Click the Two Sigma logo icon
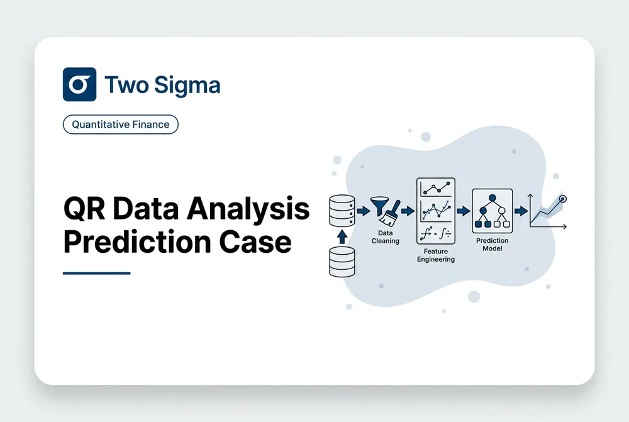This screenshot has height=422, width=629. click(x=79, y=84)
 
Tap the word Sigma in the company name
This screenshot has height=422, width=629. click(x=187, y=86)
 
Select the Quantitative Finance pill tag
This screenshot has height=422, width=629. click(x=120, y=125)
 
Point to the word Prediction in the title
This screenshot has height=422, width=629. click(x=136, y=242)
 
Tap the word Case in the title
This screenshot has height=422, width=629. click(x=255, y=242)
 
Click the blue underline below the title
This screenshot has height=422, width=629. click(x=97, y=273)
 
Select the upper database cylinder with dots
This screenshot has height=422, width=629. click(x=342, y=211)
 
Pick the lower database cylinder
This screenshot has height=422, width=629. click(x=342, y=262)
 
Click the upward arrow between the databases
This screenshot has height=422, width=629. click(x=342, y=236)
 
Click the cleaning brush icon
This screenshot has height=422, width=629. click(x=390, y=214)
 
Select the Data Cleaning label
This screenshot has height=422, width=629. click(x=385, y=237)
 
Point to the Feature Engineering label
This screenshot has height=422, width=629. click(x=436, y=255)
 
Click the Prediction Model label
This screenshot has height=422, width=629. click(x=493, y=244)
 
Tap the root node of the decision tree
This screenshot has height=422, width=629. click(x=493, y=197)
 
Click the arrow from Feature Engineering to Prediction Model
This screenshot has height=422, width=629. click(x=464, y=211)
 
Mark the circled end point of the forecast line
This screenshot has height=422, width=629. click(x=563, y=199)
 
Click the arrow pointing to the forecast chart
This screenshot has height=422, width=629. click(x=521, y=211)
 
